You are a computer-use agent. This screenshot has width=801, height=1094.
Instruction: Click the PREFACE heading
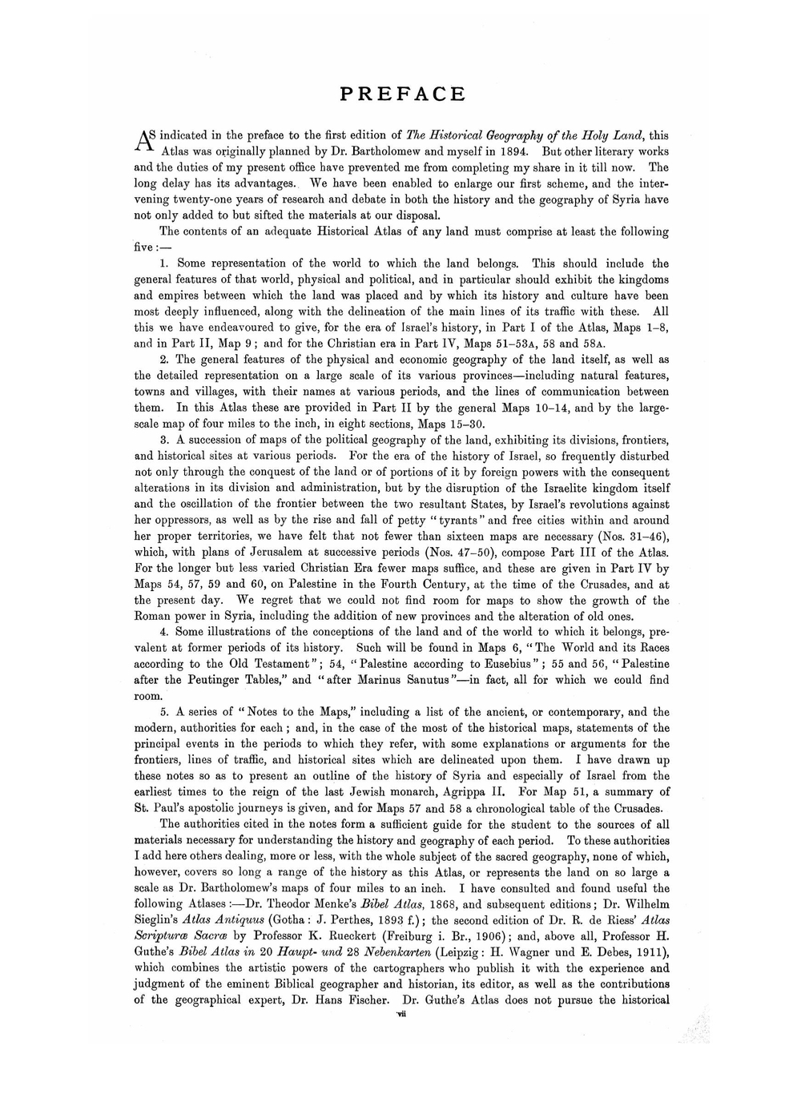[402, 95]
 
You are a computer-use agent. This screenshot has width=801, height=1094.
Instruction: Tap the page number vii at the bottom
[402, 1014]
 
